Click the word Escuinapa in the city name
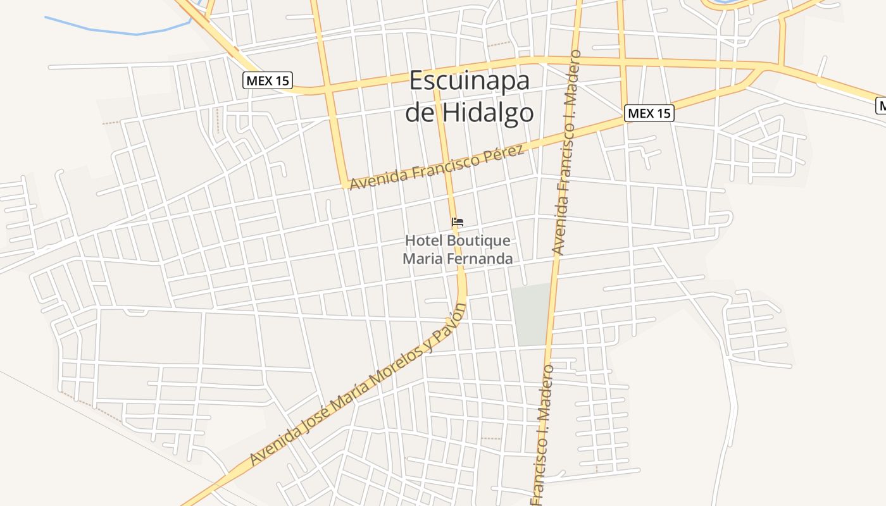click(x=469, y=82)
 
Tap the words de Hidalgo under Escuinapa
click(x=469, y=113)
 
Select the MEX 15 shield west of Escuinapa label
click(x=268, y=80)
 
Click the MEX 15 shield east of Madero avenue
click(x=649, y=113)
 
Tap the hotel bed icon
click(x=458, y=222)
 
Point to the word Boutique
click(x=478, y=241)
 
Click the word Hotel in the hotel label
click(x=424, y=241)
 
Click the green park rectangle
click(x=532, y=314)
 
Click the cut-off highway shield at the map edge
click(x=881, y=105)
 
